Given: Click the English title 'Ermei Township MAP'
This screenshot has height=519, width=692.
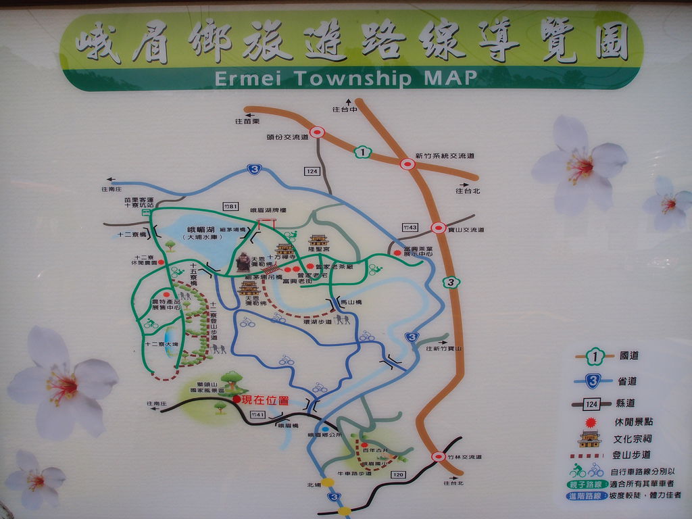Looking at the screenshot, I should tap(345, 78).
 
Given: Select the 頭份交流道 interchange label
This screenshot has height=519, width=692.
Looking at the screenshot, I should tap(287, 137).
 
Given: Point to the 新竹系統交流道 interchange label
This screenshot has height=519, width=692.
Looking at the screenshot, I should tap(445, 156).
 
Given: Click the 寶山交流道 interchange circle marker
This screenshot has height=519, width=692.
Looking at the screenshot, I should tap(438, 228).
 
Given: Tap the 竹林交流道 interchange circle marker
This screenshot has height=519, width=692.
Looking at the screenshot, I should tap(438, 457).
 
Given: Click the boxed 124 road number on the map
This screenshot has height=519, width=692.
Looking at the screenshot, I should tap(311, 171).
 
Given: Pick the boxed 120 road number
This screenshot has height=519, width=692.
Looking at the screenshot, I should tap(398, 474).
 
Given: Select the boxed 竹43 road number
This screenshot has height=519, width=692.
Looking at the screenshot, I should tap(410, 227).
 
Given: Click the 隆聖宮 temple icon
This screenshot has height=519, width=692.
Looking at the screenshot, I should tap(318, 241).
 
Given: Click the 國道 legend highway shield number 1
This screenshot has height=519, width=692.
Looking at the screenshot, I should tap(594, 355).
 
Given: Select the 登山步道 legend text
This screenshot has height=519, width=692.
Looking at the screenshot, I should tap(631, 455).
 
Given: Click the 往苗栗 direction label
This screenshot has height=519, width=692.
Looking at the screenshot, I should tap(247, 121).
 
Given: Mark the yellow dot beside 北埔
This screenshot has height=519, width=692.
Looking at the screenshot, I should tap(328, 483).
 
